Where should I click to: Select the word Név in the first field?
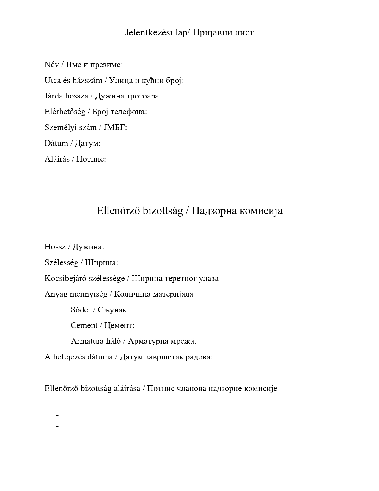[51, 65]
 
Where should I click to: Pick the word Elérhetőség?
[65, 112]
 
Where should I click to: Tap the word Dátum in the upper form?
[56, 143]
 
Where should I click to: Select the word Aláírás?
[57, 159]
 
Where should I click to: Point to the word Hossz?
[55, 247]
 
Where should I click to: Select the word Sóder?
[81, 310]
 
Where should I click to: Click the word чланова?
[192, 388]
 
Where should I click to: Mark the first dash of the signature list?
[57, 405]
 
